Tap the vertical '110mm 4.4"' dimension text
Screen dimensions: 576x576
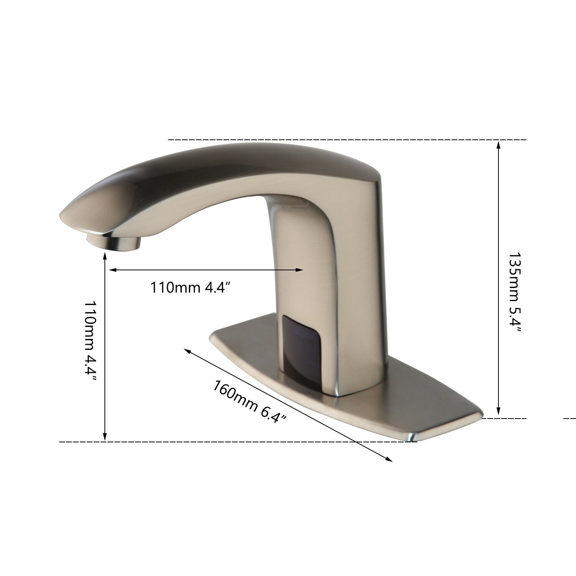pos(91,344)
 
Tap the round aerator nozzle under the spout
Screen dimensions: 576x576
pos(114,242)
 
